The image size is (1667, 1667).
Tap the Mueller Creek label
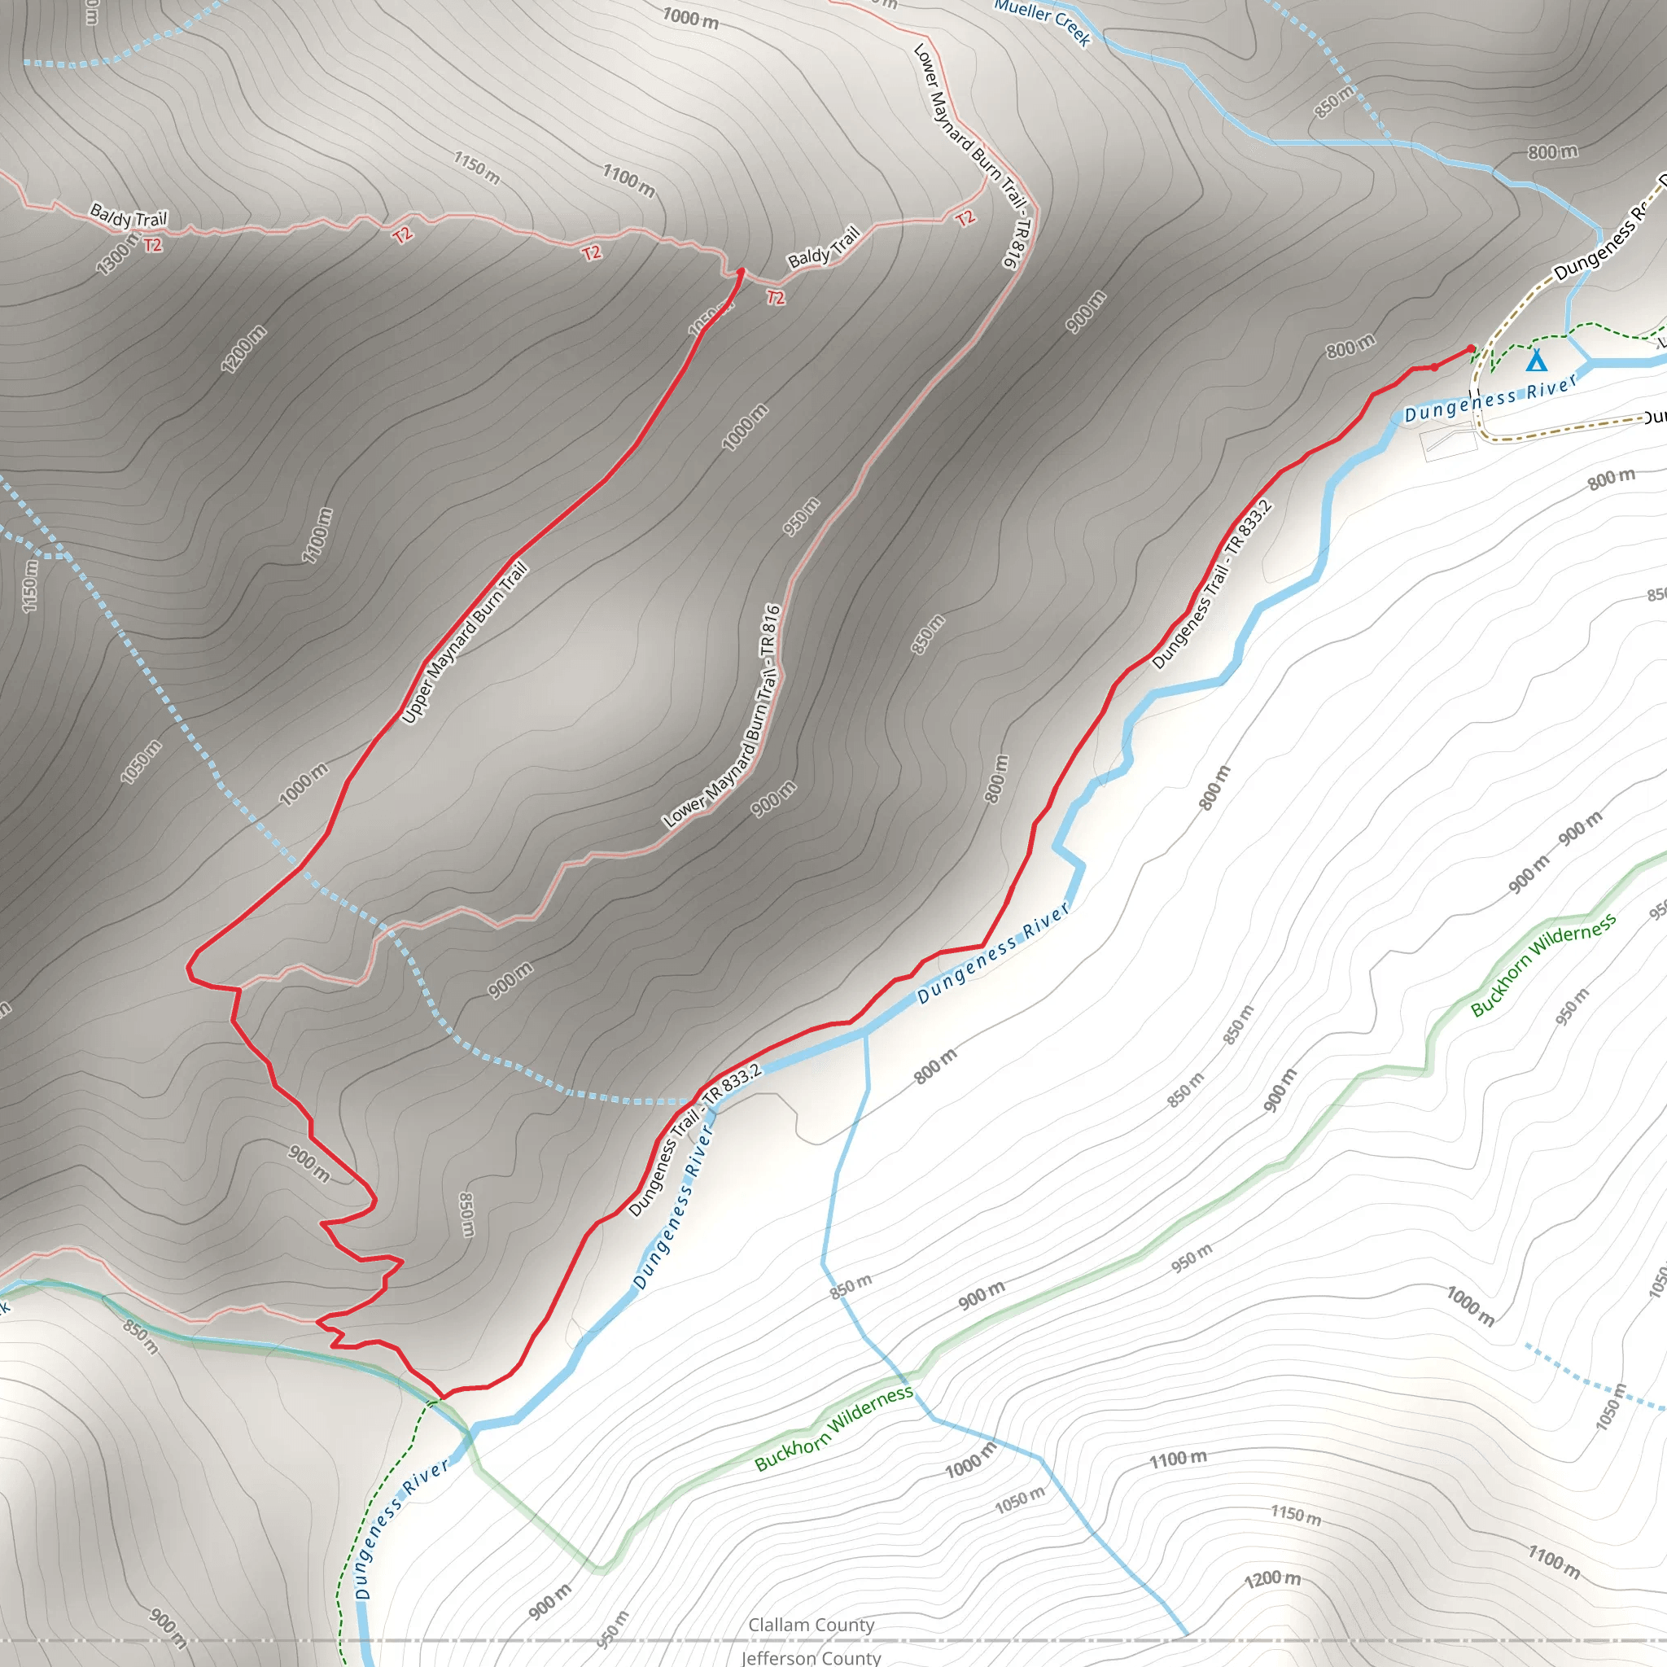click(x=1043, y=22)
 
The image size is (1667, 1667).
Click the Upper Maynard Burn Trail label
click(x=464, y=643)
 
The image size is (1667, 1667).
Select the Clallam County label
click(x=811, y=1625)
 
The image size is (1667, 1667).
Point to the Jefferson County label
click(x=811, y=1656)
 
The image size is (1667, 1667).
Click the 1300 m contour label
click(x=117, y=255)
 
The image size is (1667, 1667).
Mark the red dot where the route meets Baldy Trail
click(x=741, y=272)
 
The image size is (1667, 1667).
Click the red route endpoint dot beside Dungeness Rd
click(x=1471, y=348)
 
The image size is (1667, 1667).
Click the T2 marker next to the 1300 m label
click(x=153, y=245)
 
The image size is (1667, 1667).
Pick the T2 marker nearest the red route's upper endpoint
click(x=776, y=298)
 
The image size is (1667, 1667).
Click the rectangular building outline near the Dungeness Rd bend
click(x=1450, y=444)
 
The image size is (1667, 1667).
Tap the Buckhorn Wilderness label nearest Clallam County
click(x=833, y=1428)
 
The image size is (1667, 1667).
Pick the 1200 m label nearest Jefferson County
click(x=1272, y=1580)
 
